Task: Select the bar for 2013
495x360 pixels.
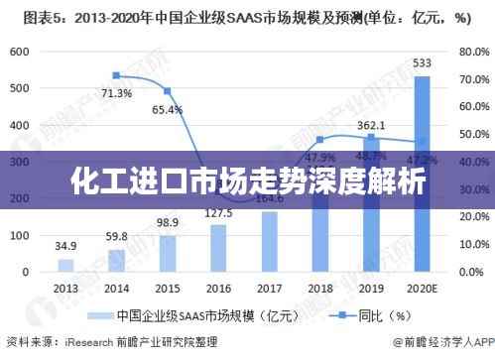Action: click(65, 266)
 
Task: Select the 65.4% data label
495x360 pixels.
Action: click(168, 109)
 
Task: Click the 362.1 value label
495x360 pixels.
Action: click(371, 126)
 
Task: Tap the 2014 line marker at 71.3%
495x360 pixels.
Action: click(116, 75)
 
